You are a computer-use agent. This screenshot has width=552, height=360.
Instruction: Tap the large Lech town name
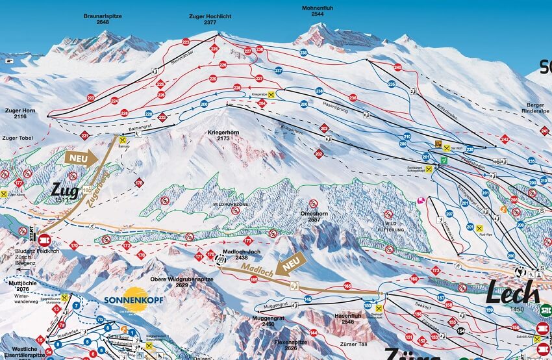pos(512,292)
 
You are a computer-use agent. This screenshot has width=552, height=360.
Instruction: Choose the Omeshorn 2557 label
pos(310,216)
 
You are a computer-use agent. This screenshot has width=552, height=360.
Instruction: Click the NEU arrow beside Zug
pos(81,157)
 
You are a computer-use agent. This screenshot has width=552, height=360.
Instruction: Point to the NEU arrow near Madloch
pos(290,265)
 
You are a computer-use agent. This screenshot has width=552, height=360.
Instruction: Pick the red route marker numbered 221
pos(84,135)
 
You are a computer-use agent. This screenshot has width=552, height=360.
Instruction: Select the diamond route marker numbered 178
pos(138,183)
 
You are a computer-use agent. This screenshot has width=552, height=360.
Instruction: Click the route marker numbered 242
pos(505,138)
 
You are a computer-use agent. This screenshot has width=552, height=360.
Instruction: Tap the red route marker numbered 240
pos(397,68)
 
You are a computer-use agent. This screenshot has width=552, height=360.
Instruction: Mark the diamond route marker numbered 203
pos(324,129)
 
